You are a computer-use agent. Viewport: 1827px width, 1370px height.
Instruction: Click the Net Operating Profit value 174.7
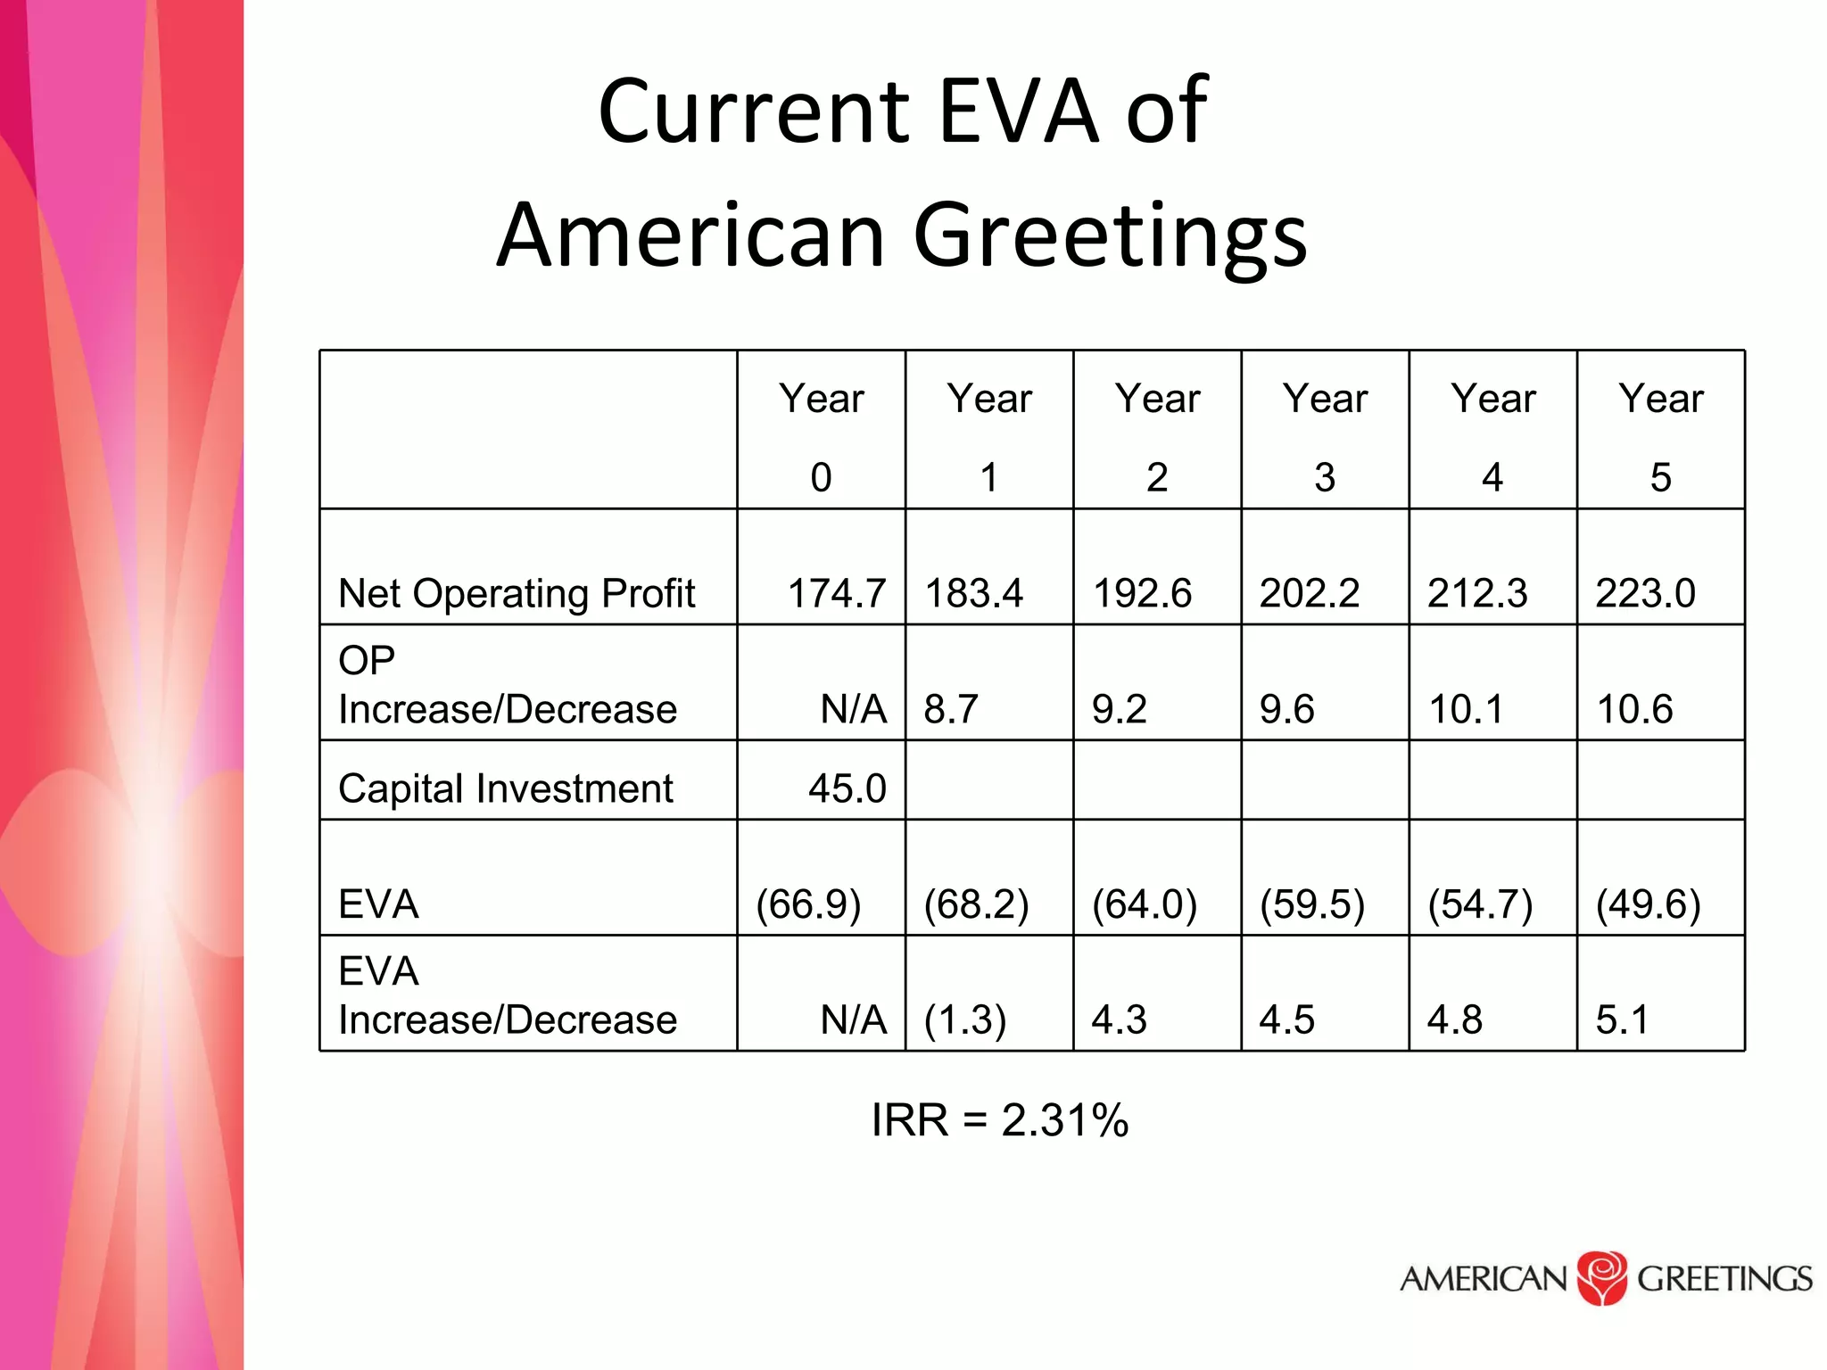836,593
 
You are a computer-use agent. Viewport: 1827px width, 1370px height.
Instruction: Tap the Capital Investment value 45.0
847,788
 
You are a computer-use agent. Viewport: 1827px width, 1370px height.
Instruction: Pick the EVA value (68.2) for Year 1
976,904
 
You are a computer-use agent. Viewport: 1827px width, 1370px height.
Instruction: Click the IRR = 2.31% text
999,1120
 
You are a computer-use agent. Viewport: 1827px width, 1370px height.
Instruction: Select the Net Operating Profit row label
517,593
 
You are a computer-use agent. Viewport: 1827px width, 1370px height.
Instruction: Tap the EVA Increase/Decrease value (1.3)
964,1019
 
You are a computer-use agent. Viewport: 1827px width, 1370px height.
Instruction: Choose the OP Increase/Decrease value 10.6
1634,709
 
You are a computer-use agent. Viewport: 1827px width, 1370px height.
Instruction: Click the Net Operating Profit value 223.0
1645,593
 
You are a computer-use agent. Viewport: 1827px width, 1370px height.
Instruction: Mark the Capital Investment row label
505,788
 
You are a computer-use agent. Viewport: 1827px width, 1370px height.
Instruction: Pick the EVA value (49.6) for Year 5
1648,904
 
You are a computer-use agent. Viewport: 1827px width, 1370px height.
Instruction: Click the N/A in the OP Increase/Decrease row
853,709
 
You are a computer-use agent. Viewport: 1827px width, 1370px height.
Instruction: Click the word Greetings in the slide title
1110,235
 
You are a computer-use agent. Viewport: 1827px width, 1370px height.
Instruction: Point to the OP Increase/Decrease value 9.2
1119,709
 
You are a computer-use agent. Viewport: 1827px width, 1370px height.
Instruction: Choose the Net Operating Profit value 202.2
1309,593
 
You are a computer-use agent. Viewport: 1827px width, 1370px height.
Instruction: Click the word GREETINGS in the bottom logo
1724,1279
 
